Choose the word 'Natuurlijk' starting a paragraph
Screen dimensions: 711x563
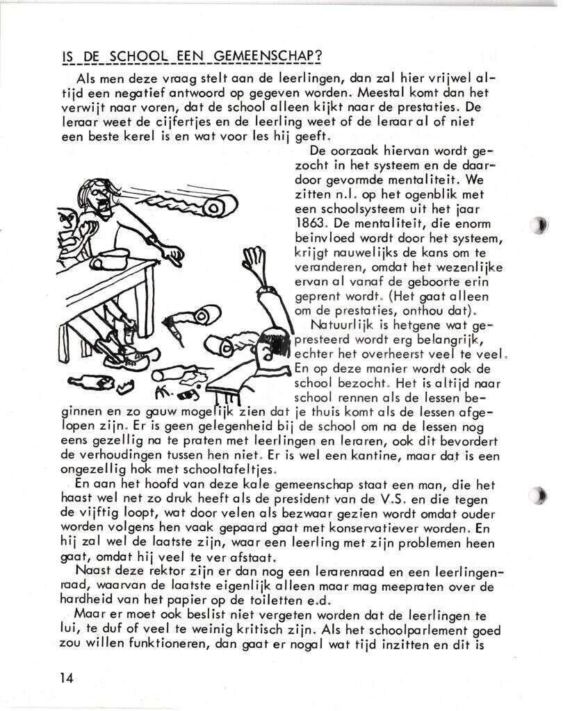coord(339,324)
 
